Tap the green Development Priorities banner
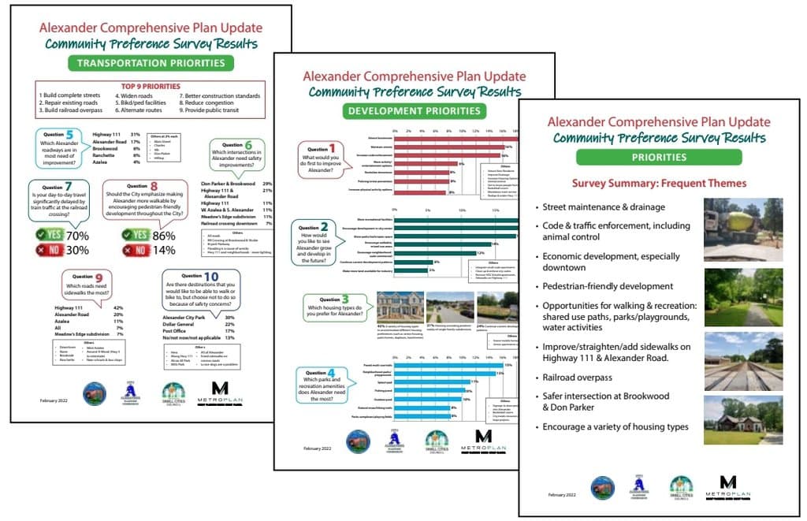(415, 111)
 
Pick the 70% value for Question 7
(77, 235)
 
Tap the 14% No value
(164, 251)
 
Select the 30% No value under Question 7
(77, 251)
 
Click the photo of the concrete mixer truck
(743, 229)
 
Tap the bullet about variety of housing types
(617, 426)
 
